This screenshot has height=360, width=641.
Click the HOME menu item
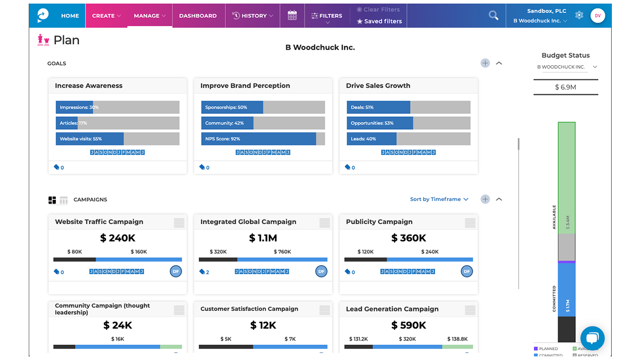tap(70, 16)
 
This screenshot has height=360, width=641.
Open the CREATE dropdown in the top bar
tap(106, 16)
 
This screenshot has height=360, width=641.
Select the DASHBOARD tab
tap(198, 16)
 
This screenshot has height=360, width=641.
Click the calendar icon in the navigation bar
tap(292, 15)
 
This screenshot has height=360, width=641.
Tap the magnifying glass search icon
tap(493, 15)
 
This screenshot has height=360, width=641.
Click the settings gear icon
tap(579, 15)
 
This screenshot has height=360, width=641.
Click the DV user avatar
tap(597, 15)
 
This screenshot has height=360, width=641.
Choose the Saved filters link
tap(379, 22)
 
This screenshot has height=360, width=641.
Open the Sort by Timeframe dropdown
tap(439, 199)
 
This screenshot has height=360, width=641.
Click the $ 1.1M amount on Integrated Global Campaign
tap(263, 238)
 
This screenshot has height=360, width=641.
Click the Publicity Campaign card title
tap(379, 222)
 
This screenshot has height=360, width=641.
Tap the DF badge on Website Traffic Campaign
tap(176, 271)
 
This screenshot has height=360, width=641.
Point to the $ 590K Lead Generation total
tap(409, 325)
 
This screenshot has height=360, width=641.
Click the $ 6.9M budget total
tap(565, 87)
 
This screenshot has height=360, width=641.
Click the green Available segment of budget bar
tap(567, 177)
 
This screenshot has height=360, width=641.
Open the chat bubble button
tap(592, 338)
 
